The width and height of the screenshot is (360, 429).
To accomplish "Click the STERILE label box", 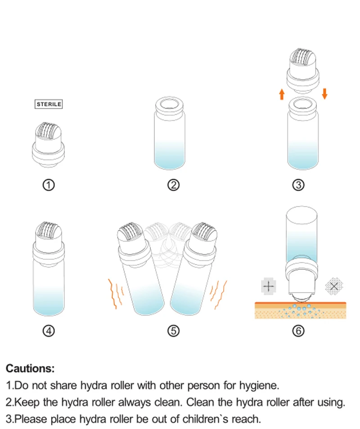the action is click(x=49, y=104).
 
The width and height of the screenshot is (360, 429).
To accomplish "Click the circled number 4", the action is click(x=49, y=331).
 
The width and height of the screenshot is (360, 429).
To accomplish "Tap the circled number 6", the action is click(x=298, y=331).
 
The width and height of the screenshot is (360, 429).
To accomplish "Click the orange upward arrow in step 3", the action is click(x=282, y=94).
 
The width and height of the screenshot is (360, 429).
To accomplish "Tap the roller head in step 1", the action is click(x=49, y=133).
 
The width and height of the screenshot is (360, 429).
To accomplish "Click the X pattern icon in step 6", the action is click(x=334, y=286).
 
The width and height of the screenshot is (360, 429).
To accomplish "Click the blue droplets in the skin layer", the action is click(x=301, y=311).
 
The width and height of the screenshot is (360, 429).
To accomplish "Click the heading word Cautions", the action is click(x=30, y=369).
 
